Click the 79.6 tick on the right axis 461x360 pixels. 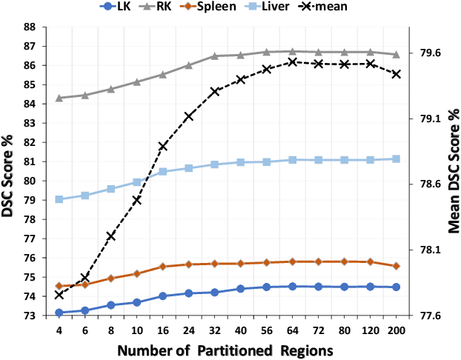[x=430, y=53]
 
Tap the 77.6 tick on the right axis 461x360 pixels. [x=430, y=316]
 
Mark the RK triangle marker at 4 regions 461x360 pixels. [x=59, y=98]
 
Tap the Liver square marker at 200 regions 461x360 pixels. [x=396, y=159]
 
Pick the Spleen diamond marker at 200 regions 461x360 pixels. [x=396, y=266]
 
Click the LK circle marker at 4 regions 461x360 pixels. [x=59, y=313]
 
